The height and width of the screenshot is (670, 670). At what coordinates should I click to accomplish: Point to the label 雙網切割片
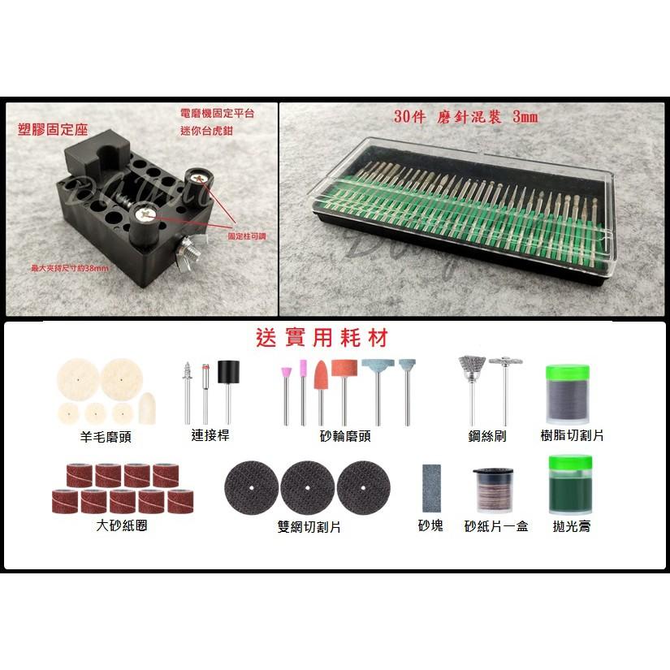[308, 527]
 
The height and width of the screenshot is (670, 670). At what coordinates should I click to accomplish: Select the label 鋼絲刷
[487, 436]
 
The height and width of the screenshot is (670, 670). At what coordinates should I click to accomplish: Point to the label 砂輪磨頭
[345, 436]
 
